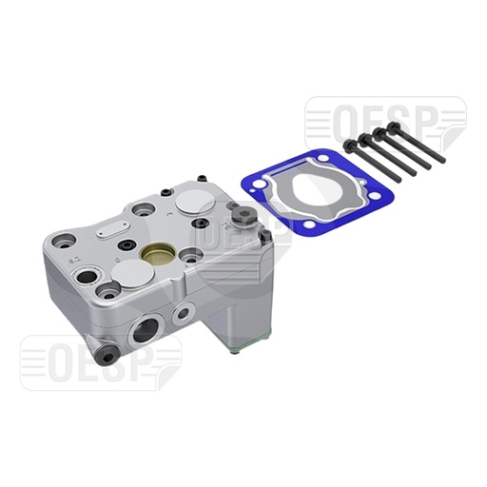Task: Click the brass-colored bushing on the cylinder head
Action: [155, 255]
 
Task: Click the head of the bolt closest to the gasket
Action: [351, 146]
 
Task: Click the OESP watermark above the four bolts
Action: [384, 120]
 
